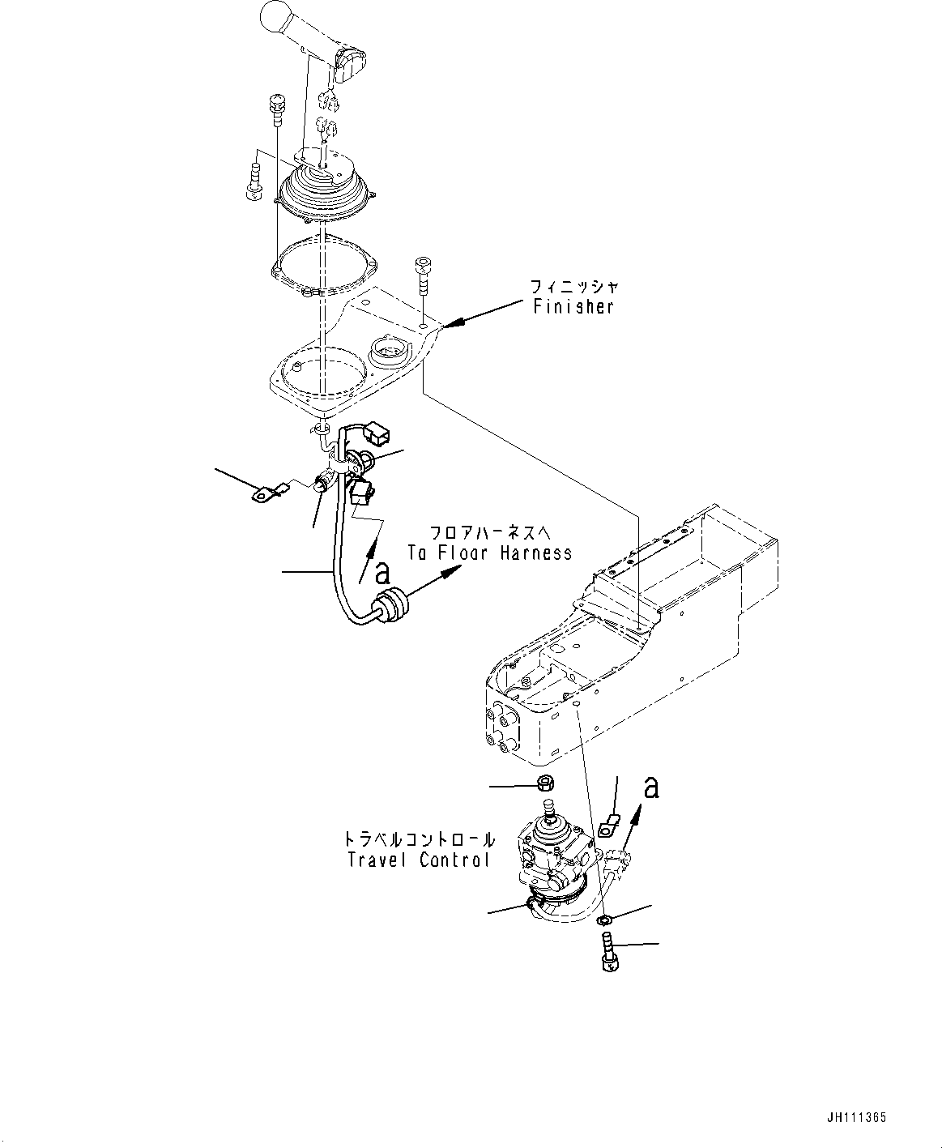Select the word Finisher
point(573,307)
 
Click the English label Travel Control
point(419,860)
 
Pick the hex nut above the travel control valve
point(545,784)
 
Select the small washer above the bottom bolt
point(604,920)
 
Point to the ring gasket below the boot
point(323,263)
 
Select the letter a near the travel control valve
point(650,786)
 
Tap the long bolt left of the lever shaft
point(276,109)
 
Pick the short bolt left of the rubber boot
point(253,180)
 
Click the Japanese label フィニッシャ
point(574,286)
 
